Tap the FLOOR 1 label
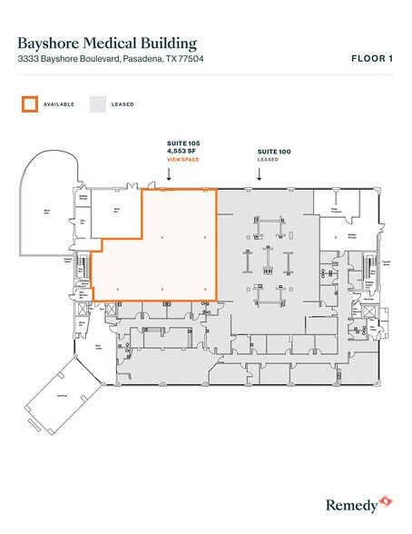click(372, 59)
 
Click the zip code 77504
click(211, 59)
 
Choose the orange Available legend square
click(30, 104)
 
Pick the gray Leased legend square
click(96, 104)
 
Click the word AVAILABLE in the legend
click(59, 104)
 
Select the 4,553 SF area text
click(182, 153)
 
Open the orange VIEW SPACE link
click(182, 160)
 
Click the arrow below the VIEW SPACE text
click(182, 176)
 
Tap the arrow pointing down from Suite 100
click(261, 174)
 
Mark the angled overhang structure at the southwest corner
click(62, 396)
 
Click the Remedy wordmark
click(350, 500)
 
